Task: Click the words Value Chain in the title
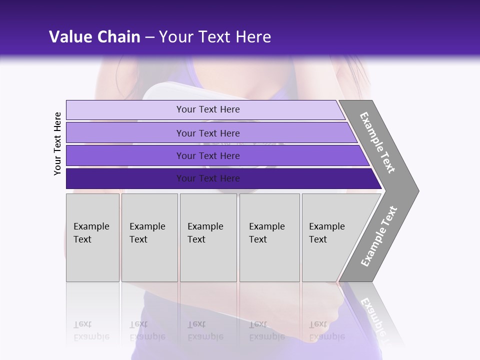click(94, 36)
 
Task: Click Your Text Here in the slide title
click(215, 36)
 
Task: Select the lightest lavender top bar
click(125, 110)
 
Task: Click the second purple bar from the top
click(125, 133)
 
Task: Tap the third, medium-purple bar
click(125, 155)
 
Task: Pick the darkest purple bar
click(125, 178)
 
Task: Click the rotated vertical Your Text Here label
click(57, 143)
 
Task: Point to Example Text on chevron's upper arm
click(377, 142)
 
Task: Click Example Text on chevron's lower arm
click(378, 236)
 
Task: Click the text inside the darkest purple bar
click(208, 178)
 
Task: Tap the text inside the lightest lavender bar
click(208, 109)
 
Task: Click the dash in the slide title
click(149, 37)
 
